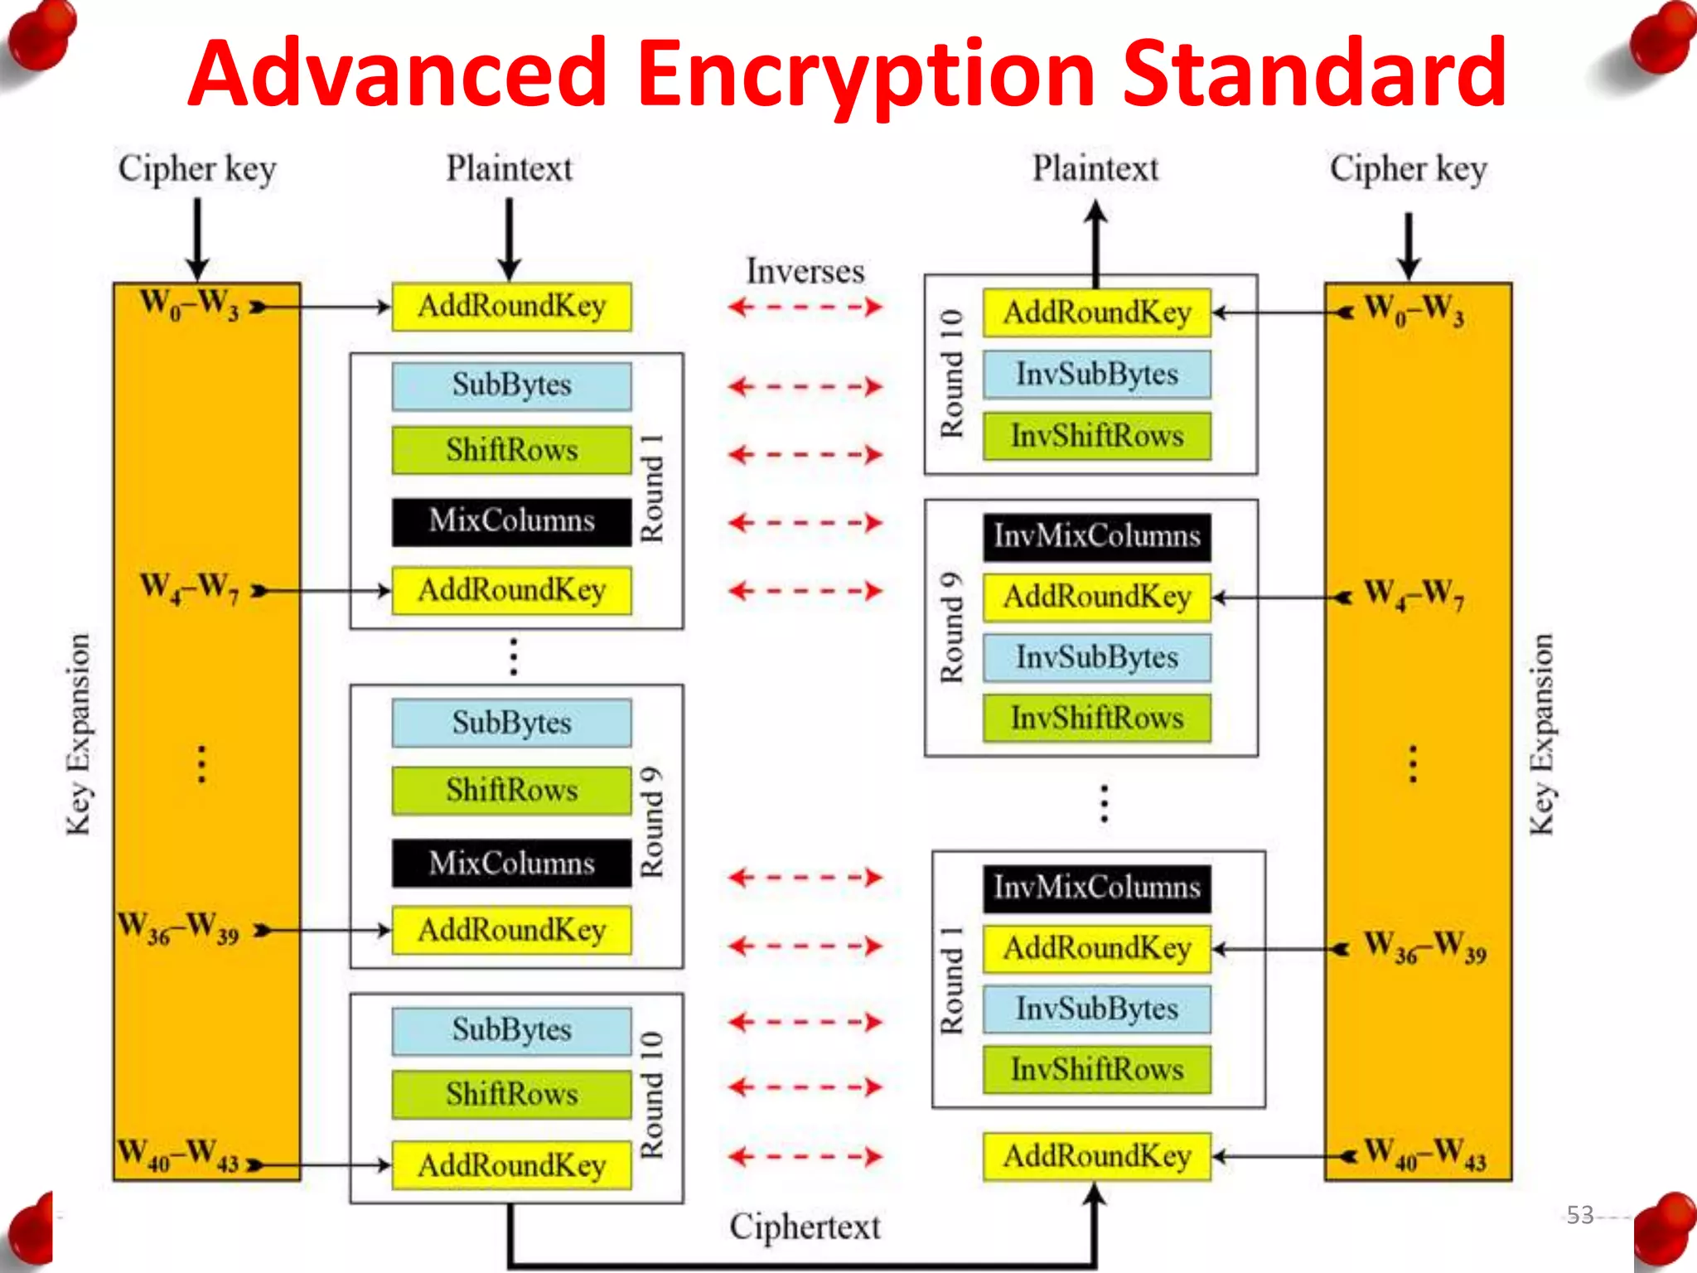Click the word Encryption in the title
click(867, 75)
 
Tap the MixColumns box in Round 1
click(511, 521)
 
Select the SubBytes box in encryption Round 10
click(511, 1030)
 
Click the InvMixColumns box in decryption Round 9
click(1096, 536)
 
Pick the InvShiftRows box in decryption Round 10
click(1096, 436)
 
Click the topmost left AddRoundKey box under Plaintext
click(511, 307)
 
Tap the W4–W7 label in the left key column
click(190, 588)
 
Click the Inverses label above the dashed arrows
click(805, 272)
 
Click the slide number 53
click(1579, 1215)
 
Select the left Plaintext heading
click(509, 169)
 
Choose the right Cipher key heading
click(1408, 169)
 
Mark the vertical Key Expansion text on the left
click(79, 734)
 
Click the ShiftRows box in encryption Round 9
click(511, 790)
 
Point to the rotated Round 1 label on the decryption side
click(951, 981)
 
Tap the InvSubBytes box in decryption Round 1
click(1096, 1009)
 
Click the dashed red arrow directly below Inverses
click(805, 307)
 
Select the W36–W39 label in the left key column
click(178, 927)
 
